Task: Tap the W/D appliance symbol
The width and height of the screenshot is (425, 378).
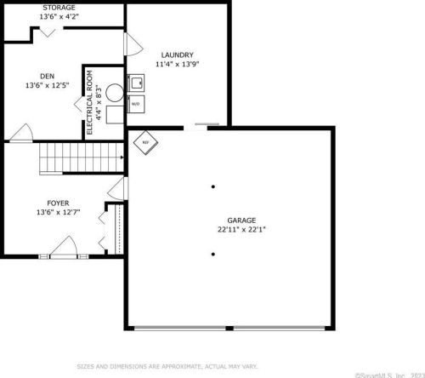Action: pyautogui.click(x=135, y=103)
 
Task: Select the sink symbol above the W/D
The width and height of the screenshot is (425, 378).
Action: pyautogui.click(x=135, y=83)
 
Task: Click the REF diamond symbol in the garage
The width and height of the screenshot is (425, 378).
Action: pyautogui.click(x=144, y=143)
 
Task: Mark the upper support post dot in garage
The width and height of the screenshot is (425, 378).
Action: pyautogui.click(x=212, y=186)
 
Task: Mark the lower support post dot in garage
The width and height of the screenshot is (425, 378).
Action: pyautogui.click(x=212, y=253)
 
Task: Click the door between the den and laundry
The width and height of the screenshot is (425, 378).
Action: pyautogui.click(x=129, y=45)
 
